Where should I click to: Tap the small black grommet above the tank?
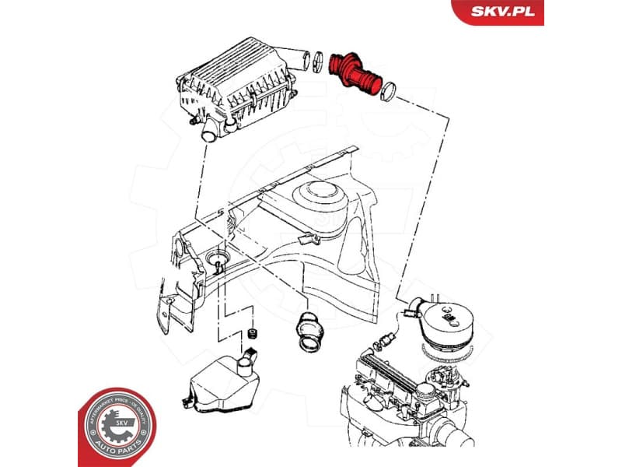[252, 335]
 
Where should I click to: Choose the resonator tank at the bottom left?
[222, 381]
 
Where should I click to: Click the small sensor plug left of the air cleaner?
[386, 340]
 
